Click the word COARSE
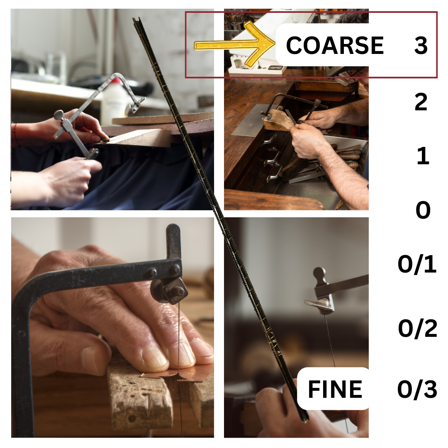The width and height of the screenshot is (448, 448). [335, 45]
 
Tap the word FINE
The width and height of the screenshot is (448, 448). [335, 389]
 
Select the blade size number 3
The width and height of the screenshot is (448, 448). [421, 45]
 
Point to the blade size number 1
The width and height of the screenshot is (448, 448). [423, 156]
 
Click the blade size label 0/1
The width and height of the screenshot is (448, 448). [417, 264]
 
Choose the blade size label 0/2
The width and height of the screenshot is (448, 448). [417, 329]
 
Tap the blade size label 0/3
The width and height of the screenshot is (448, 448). [417, 389]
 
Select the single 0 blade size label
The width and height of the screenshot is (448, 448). [423, 210]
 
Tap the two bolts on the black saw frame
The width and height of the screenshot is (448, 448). [163, 270]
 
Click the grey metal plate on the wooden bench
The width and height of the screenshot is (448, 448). [251, 120]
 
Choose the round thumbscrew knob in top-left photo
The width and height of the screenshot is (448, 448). [58, 115]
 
